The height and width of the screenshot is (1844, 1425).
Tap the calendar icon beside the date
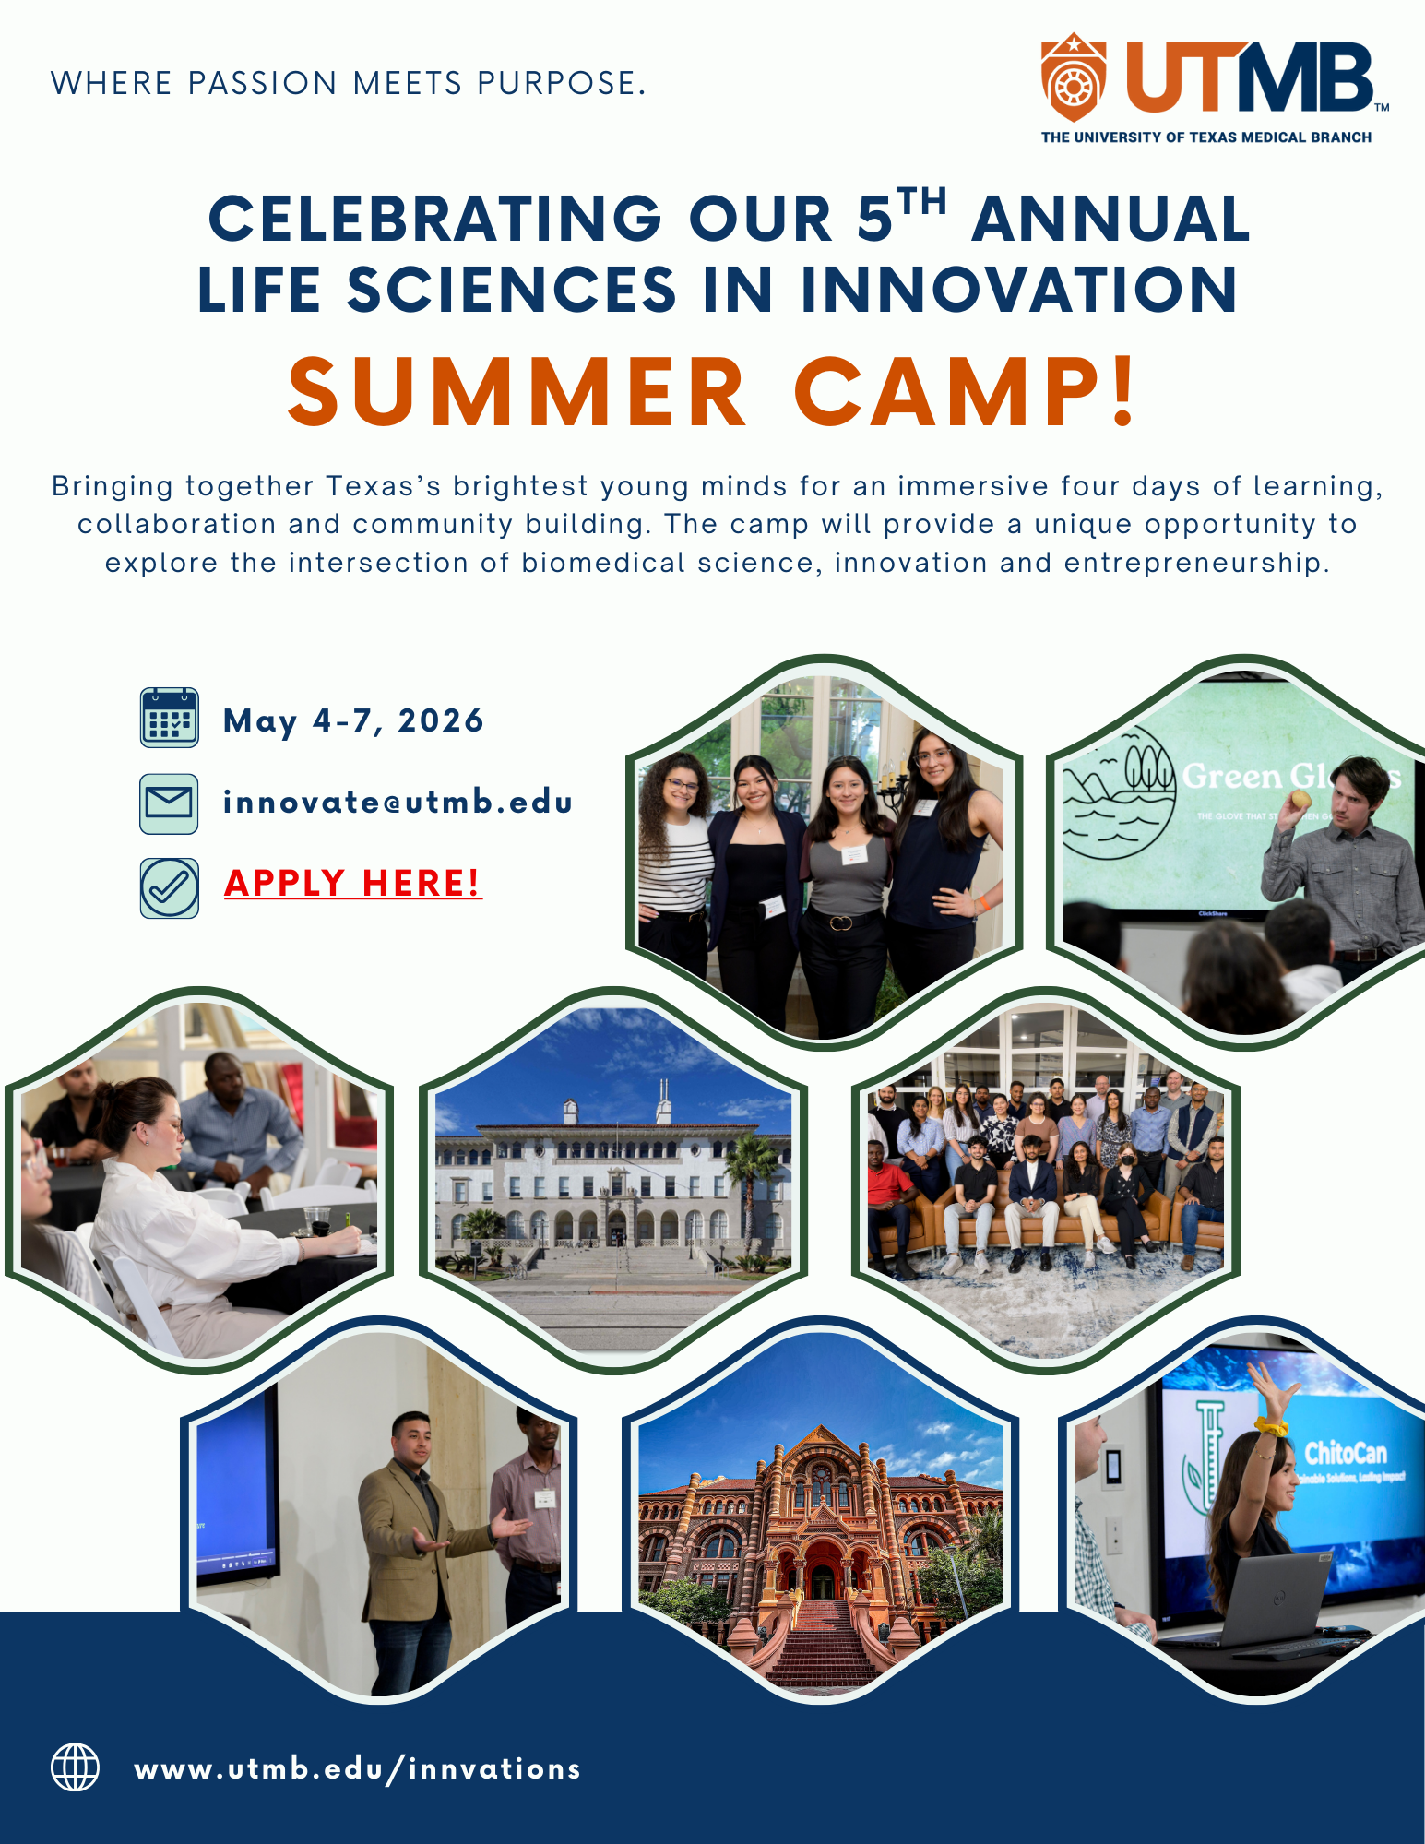(170, 718)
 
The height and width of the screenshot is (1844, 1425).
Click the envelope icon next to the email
(170, 803)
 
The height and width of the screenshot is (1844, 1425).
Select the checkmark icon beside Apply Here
(170, 887)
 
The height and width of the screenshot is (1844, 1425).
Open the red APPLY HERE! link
(353, 883)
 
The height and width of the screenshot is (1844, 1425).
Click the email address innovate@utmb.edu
(398, 802)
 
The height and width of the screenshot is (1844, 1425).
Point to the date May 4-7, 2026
(354, 720)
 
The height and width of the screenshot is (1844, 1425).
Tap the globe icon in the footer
(75, 1767)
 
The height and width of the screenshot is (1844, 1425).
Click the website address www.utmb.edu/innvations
(358, 1768)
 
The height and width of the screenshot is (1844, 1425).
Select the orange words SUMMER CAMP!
(713, 392)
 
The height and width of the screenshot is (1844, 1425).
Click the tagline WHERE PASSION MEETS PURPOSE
(349, 83)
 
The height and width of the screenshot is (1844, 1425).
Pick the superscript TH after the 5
(923, 200)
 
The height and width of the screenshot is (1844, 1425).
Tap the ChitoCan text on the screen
(1346, 1454)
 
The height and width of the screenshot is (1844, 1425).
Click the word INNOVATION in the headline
(1018, 289)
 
